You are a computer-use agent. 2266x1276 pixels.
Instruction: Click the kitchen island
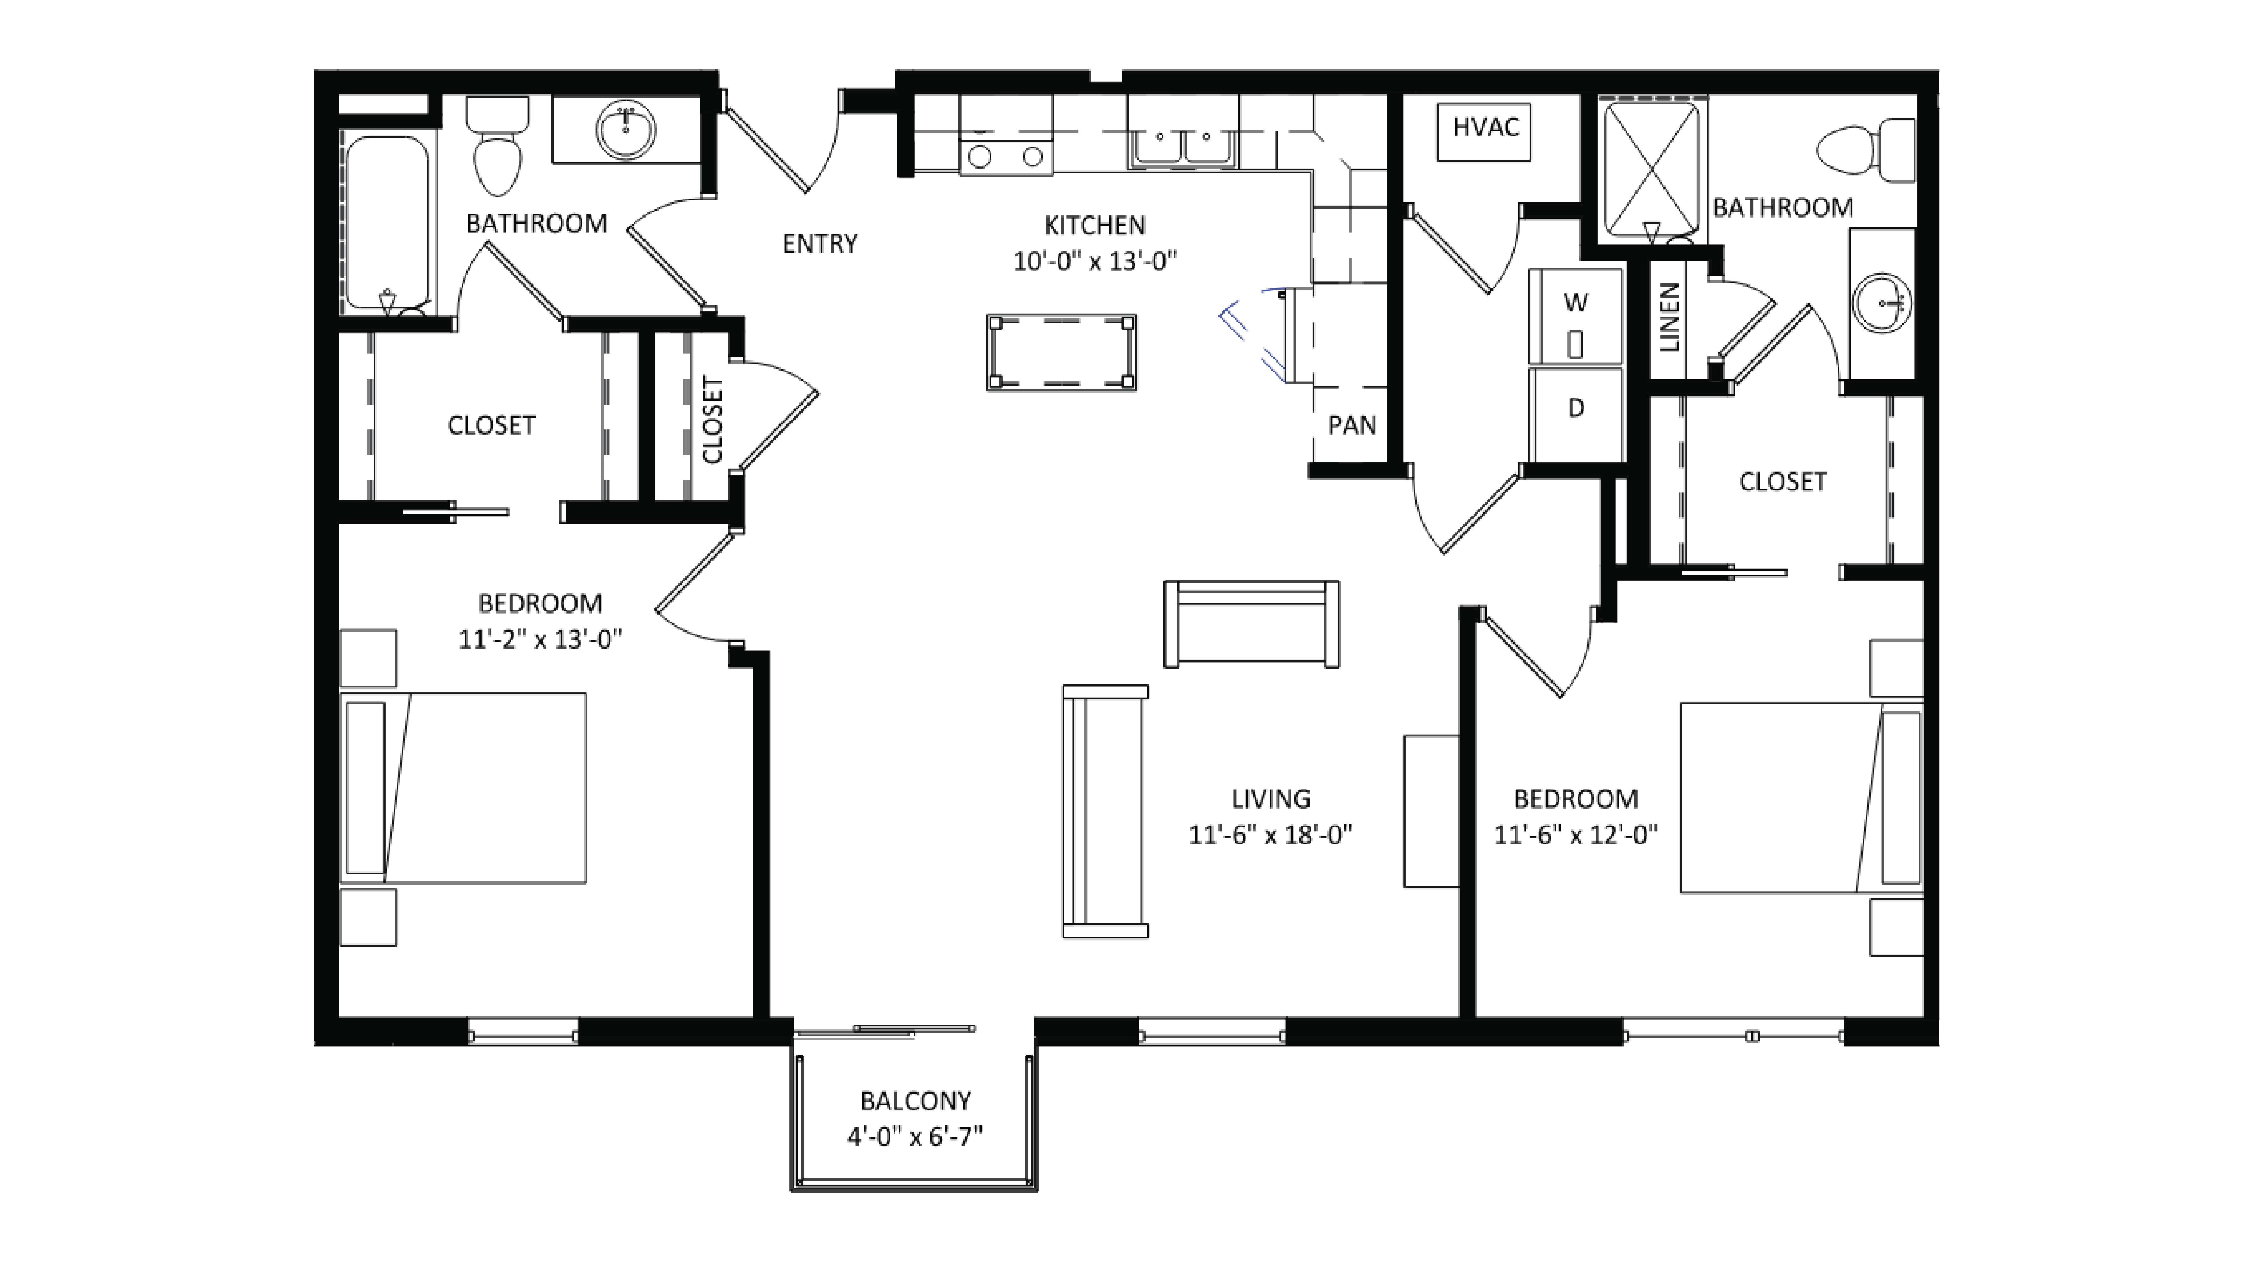coord(1061,352)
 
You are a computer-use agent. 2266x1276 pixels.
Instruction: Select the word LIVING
coord(1270,799)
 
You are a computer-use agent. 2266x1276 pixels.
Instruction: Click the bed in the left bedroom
coord(464,788)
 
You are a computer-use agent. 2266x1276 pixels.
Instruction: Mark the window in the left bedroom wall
coord(523,1031)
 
